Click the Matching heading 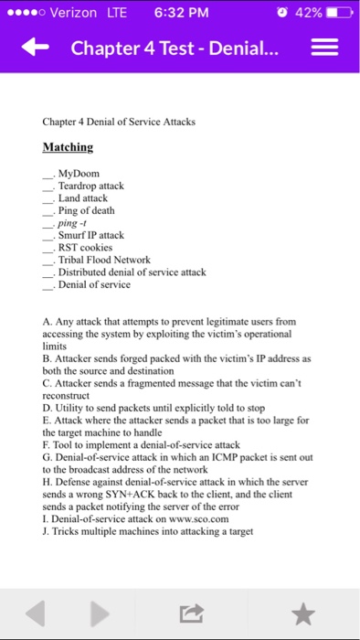tap(68, 146)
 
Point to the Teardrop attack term tap(90, 186)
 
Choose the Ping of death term tap(86, 210)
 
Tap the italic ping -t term tap(70, 222)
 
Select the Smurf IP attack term tap(90, 235)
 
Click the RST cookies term tap(85, 247)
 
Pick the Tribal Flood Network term tap(103, 260)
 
